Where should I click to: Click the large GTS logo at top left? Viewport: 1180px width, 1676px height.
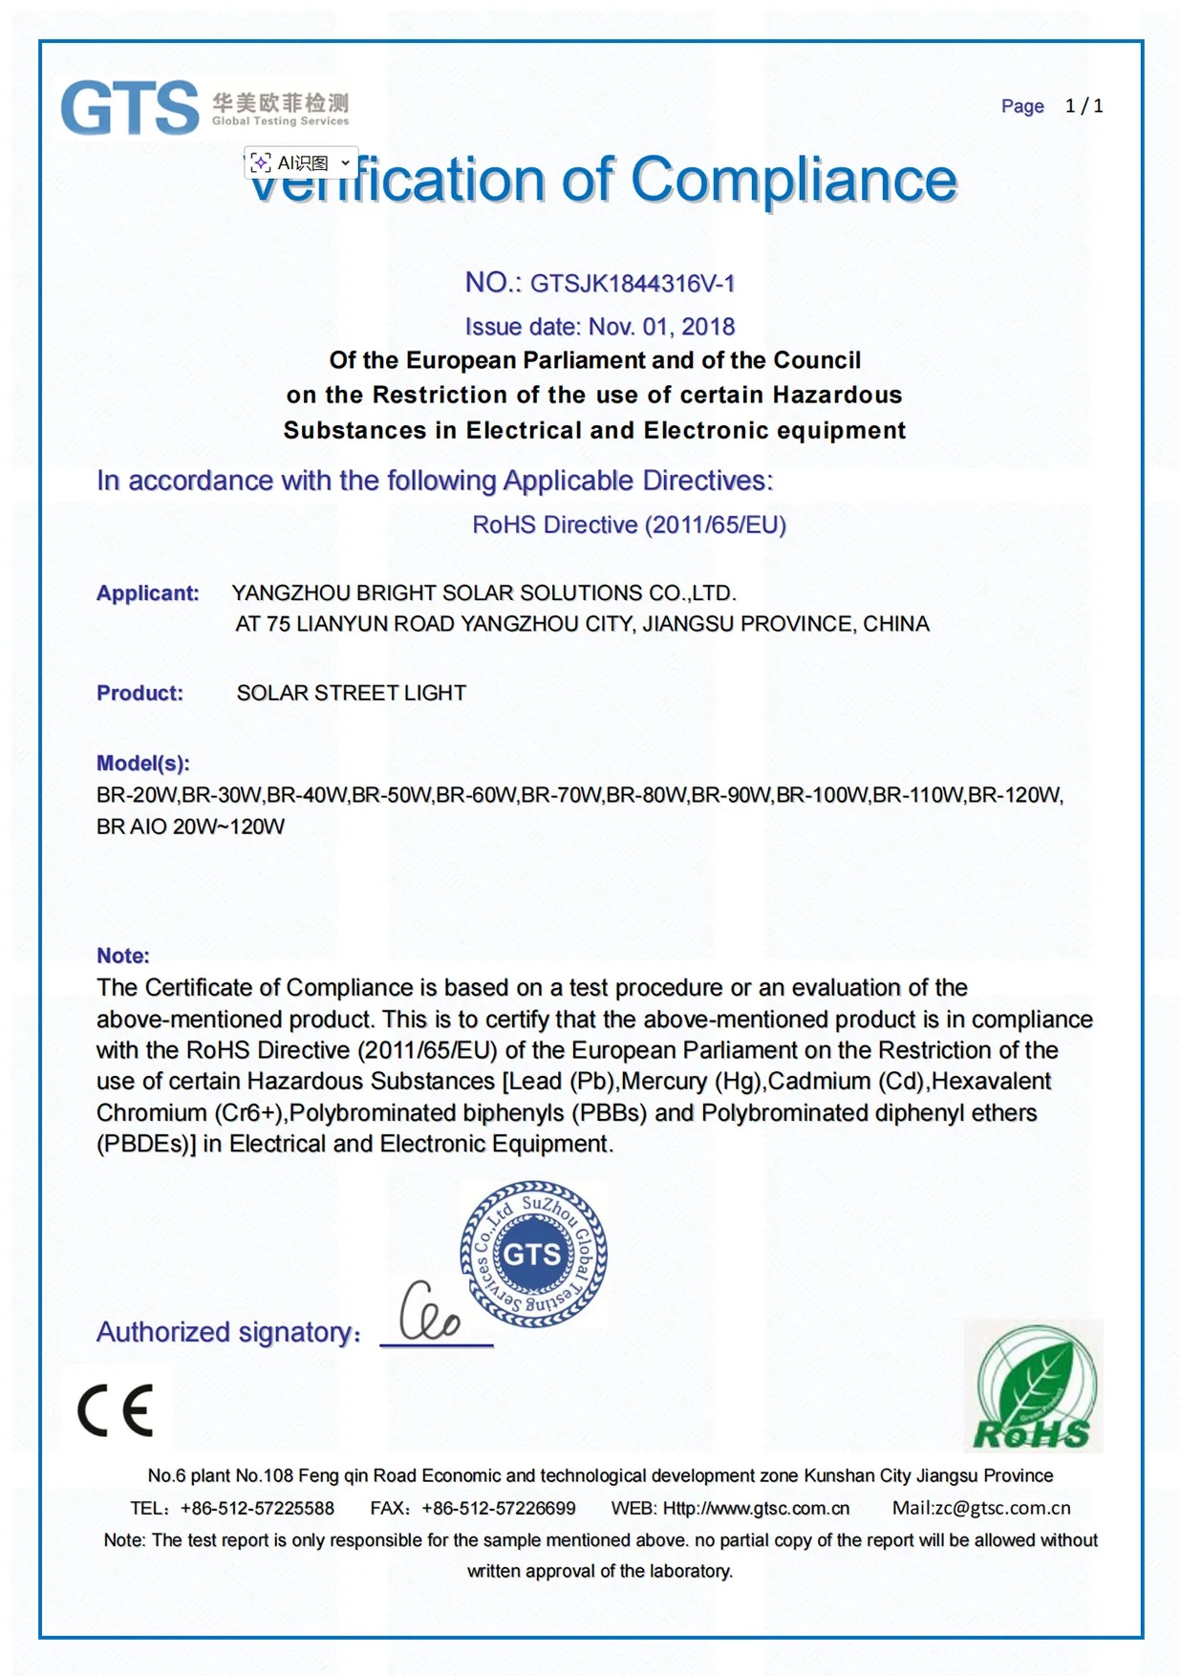[130, 107]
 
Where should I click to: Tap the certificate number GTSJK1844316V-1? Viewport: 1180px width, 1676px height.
[633, 284]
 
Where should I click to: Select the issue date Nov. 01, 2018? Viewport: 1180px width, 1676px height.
[661, 327]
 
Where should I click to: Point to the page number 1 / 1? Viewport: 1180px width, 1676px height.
[1083, 106]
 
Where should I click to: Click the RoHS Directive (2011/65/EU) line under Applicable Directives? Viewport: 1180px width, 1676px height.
[629, 525]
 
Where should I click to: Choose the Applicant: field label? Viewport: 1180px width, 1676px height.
[147, 593]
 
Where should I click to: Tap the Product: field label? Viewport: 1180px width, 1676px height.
[139, 693]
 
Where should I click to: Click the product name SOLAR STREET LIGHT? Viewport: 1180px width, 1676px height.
[352, 693]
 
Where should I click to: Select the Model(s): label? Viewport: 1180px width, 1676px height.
[143, 763]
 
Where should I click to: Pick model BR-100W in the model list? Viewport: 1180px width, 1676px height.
[821, 795]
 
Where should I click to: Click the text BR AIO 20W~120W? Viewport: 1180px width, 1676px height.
[190, 827]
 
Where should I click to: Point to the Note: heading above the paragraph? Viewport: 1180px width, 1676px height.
[123, 956]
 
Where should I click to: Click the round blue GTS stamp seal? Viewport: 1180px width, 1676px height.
[533, 1254]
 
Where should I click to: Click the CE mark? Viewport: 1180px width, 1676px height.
[116, 1410]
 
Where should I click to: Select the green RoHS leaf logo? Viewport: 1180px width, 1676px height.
[1033, 1387]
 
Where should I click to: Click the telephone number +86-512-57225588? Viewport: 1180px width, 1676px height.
[257, 1508]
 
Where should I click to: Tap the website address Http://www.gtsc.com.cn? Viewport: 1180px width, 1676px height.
[756, 1508]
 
